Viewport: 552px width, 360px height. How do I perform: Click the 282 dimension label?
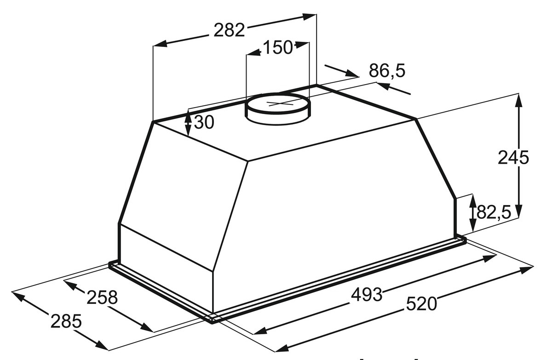coord(229,30)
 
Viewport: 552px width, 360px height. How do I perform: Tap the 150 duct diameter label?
coord(278,47)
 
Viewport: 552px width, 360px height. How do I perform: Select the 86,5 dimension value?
coord(387,71)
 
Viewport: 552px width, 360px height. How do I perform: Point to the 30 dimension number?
coord(204,122)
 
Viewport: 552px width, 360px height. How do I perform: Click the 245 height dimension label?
coord(513,157)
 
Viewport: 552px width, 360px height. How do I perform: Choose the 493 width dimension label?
coord(367,295)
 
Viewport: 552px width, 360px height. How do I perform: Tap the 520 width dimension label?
coord(421,303)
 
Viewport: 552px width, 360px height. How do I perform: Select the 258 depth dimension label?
coord(102,297)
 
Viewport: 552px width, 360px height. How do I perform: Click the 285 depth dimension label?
coord(66,321)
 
